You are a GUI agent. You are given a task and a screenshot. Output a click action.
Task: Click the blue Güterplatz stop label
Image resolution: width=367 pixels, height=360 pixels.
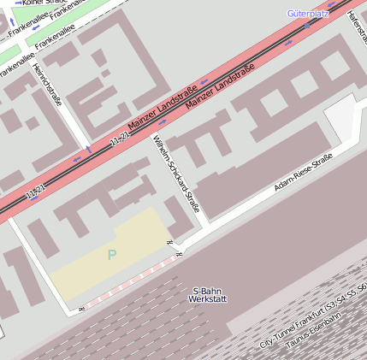tap(308, 14)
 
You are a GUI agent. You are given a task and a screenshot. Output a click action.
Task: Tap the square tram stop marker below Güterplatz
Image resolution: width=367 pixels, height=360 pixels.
tap(307, 25)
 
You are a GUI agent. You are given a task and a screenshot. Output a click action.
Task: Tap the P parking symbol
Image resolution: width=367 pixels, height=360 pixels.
tap(111, 254)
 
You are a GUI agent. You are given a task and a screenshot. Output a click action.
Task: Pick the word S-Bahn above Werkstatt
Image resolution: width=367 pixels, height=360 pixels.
tap(208, 290)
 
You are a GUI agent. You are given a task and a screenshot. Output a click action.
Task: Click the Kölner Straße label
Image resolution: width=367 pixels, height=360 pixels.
tap(38, 3)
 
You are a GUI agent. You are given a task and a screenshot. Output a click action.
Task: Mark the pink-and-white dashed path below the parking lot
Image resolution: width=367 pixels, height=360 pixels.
tap(128, 282)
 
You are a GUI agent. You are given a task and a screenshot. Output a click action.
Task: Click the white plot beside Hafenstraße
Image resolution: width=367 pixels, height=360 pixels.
tap(342, 116)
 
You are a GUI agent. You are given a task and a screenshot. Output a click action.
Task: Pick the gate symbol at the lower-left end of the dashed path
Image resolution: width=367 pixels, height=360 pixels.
tap(81, 308)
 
